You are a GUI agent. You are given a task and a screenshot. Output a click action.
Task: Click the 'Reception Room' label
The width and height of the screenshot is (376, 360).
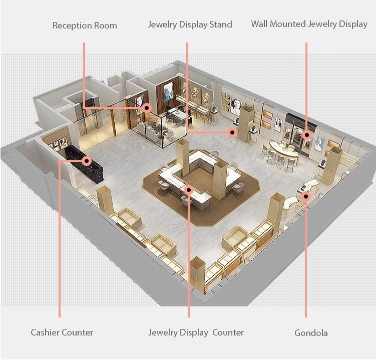pos(85,25)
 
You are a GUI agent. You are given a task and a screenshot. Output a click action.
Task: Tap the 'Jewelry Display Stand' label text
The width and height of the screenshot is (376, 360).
pos(190,24)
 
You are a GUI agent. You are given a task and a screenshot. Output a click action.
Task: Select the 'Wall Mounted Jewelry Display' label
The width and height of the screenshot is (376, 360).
pos(309,24)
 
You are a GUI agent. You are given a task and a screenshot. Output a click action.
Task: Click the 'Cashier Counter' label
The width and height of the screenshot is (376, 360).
pos(62,332)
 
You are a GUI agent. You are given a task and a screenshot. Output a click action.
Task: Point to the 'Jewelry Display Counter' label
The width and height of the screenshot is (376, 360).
pos(196,332)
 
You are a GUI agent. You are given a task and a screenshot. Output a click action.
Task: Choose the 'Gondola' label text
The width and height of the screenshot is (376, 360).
pos(311,332)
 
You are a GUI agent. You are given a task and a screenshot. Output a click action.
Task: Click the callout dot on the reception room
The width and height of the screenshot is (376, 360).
pos(147,108)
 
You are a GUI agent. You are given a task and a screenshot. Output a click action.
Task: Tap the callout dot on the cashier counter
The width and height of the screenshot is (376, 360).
pos(87,160)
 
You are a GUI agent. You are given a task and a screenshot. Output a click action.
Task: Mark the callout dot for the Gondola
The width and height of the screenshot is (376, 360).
pos(306,196)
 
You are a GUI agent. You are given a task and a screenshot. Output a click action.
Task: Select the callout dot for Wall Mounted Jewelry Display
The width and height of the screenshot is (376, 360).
pos(306,135)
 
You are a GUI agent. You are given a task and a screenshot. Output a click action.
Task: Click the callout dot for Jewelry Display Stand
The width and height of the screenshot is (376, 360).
pos(232,132)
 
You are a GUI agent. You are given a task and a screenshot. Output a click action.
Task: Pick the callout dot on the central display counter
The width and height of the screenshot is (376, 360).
pos(189,190)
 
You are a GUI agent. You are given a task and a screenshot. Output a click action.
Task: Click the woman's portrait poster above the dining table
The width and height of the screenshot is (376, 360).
pos(168,91)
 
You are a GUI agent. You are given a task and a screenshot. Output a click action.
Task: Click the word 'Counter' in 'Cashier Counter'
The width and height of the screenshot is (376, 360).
pos(77,332)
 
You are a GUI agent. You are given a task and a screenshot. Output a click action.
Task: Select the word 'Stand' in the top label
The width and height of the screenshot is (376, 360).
pos(221,24)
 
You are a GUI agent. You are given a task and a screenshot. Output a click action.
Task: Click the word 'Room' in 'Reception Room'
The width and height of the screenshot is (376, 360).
pos(105,25)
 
